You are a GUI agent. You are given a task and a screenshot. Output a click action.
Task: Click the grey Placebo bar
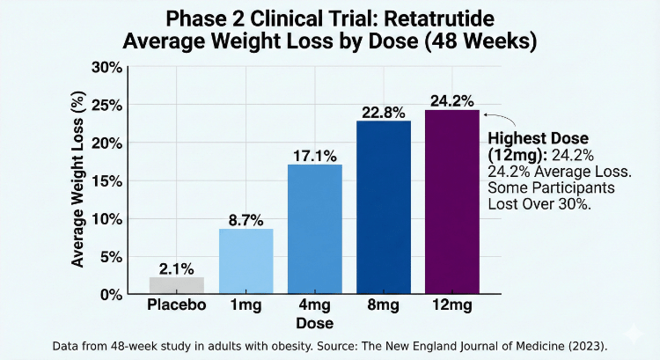click(x=177, y=284)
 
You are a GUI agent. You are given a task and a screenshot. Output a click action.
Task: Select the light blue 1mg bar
click(x=246, y=261)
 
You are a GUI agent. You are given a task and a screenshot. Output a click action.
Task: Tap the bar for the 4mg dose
click(x=314, y=229)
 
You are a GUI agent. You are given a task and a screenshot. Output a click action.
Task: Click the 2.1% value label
click(x=177, y=268)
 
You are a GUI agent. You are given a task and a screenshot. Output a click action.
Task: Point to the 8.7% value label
click(x=246, y=220)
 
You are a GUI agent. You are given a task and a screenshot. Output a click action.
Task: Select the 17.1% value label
click(x=314, y=156)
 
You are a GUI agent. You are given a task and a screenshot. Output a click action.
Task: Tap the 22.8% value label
click(x=384, y=113)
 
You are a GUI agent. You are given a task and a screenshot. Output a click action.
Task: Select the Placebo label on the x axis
click(x=177, y=305)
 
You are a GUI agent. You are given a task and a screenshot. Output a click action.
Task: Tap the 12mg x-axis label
click(x=452, y=305)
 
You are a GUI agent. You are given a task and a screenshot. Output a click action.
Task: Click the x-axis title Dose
click(x=314, y=323)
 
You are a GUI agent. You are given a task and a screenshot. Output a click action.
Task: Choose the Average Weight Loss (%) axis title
click(x=79, y=180)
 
